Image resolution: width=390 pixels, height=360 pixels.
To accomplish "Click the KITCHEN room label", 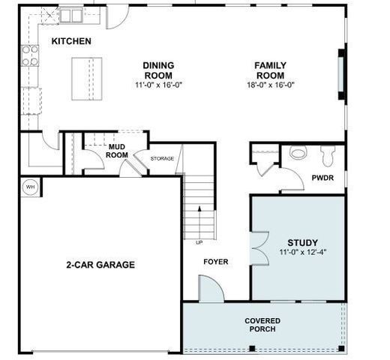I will [x=71, y=40].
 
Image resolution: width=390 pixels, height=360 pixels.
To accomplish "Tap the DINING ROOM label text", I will [x=158, y=70].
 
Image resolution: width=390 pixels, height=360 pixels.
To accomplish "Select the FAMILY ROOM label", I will [x=269, y=70].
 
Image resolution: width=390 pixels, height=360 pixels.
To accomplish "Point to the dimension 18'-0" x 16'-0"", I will [x=269, y=85].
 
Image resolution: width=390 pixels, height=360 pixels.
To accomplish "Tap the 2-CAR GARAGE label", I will [x=100, y=264].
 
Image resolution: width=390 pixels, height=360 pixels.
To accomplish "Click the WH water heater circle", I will [x=31, y=187].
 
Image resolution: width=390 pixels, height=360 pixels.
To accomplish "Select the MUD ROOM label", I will [x=116, y=151].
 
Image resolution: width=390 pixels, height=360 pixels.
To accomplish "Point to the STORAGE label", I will [x=162, y=158].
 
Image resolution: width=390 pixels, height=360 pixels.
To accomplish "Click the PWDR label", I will [x=322, y=177].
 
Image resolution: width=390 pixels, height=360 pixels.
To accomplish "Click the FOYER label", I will [x=216, y=262].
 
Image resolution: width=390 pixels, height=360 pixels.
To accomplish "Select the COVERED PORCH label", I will [x=262, y=325].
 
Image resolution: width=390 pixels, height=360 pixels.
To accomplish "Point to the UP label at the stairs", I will [x=199, y=242].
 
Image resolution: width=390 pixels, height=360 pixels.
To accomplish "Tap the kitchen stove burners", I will [x=30, y=55].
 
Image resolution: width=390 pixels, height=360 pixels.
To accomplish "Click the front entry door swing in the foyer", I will [x=211, y=289].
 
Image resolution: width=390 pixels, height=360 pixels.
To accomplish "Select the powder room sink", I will [x=298, y=152].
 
